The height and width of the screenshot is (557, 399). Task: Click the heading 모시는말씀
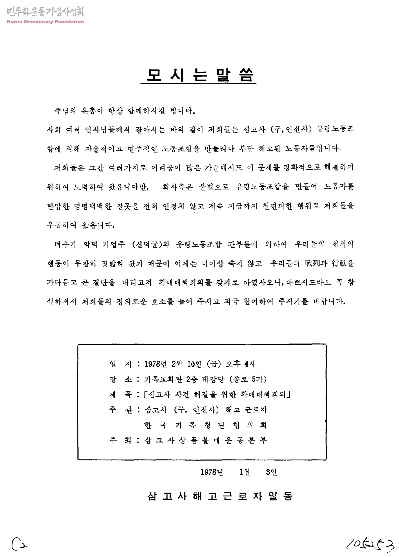coord(199,75)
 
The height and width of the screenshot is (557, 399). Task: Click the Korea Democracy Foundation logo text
coord(45,21)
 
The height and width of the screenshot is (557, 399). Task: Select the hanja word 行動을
coord(343,263)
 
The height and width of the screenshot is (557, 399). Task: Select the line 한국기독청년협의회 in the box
coord(205,425)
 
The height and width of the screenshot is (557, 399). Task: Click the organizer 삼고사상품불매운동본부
coord(205,440)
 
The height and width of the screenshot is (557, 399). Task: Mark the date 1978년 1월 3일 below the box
coord(239,472)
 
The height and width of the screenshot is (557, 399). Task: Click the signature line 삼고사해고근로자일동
coord(220,496)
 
